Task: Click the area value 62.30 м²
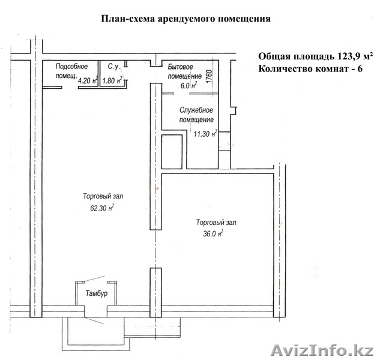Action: [x=102, y=208]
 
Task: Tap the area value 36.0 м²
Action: [x=213, y=233]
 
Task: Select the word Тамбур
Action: [x=97, y=293]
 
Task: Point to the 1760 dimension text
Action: [x=210, y=77]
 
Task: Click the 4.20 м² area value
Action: [x=88, y=80]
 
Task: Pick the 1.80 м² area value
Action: [x=112, y=80]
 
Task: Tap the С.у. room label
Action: [x=113, y=67]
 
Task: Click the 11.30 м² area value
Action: [x=205, y=133]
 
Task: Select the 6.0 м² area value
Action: [x=188, y=85]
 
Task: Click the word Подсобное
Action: [x=71, y=67]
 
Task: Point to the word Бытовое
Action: [x=180, y=67]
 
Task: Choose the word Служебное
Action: [x=196, y=110]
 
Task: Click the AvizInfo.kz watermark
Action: [x=322, y=350]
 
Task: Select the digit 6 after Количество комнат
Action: [x=360, y=69]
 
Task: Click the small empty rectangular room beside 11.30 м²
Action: [x=172, y=152]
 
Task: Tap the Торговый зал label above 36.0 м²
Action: [x=216, y=222]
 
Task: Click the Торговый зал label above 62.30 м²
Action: [x=103, y=196]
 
